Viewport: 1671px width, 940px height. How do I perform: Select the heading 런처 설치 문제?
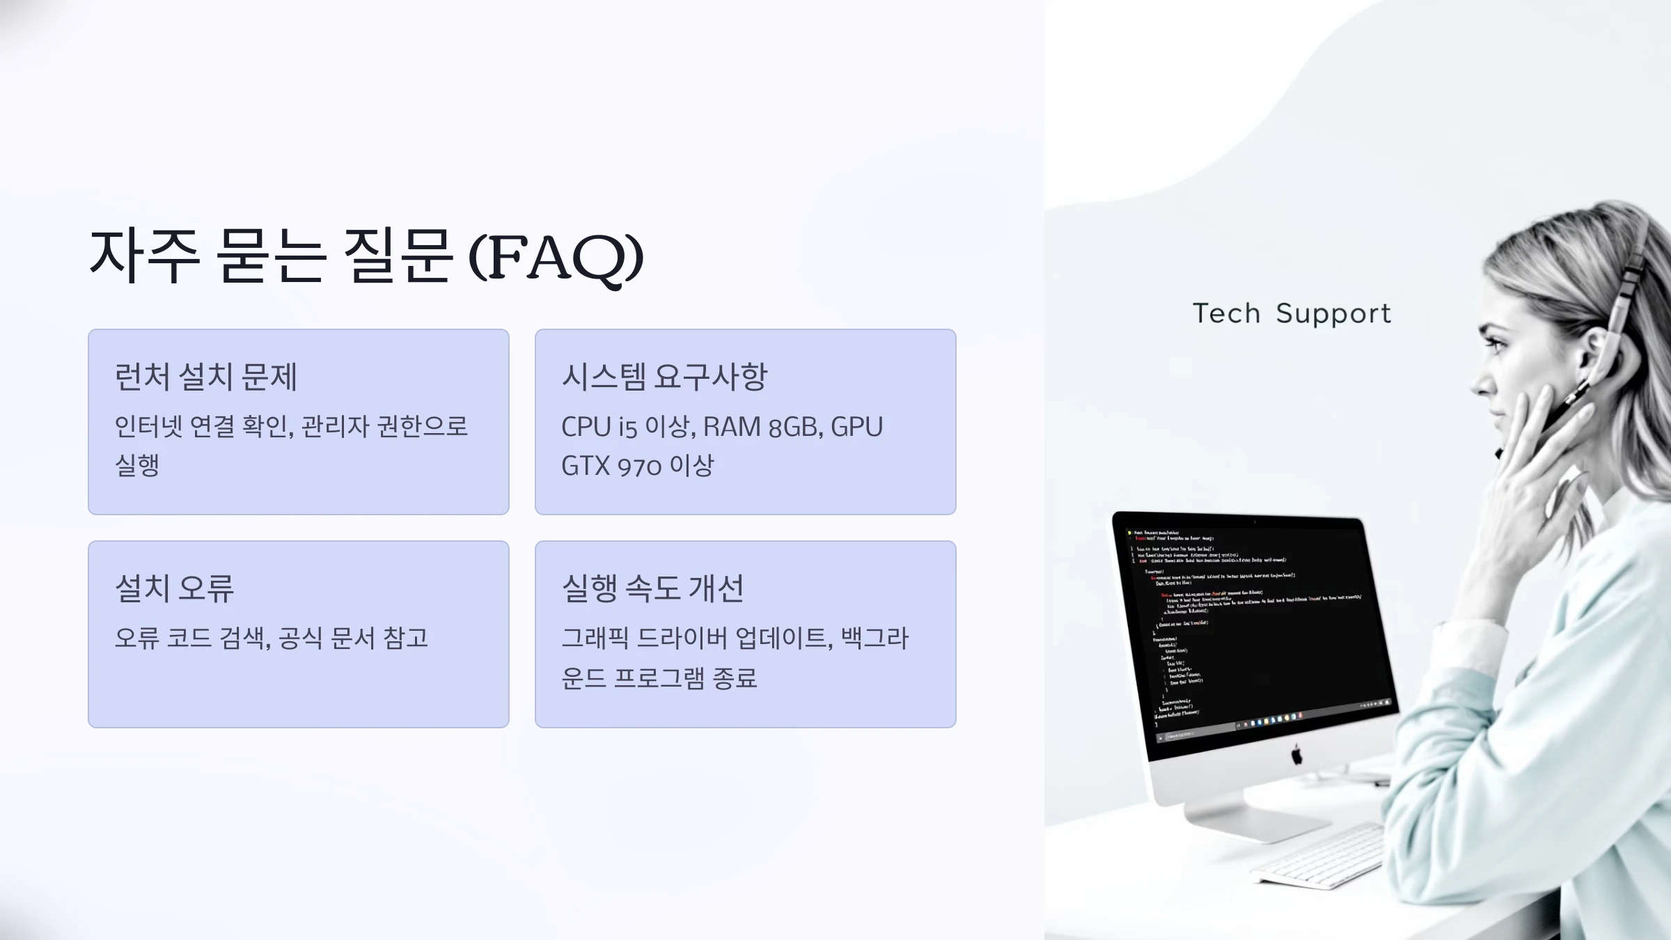206,377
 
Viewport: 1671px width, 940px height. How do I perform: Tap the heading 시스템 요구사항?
664,377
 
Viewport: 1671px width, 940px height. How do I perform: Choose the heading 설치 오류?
175,588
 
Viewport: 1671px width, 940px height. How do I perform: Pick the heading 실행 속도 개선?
653,588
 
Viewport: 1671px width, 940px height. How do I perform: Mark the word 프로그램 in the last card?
659,677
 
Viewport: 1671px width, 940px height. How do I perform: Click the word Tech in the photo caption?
1227,313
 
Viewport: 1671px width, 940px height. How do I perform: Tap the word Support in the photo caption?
1333,314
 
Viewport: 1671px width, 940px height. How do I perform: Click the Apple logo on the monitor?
1296,754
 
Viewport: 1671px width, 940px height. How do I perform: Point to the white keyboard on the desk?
1319,856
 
